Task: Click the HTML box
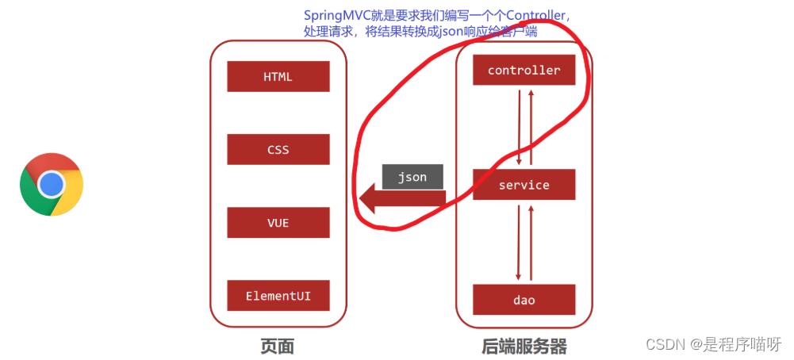tap(278, 77)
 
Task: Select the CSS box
tap(278, 150)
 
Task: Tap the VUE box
tap(278, 223)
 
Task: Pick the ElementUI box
tap(278, 296)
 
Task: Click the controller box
tap(524, 71)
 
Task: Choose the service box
tap(524, 185)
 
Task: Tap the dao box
tap(524, 301)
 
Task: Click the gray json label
tap(412, 177)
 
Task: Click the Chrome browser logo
tap(52, 185)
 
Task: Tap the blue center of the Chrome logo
tap(52, 185)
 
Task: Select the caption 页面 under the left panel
tap(277, 346)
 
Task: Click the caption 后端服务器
tap(524, 346)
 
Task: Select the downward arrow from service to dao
tap(519, 241)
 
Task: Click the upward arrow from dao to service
tap(531, 241)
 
